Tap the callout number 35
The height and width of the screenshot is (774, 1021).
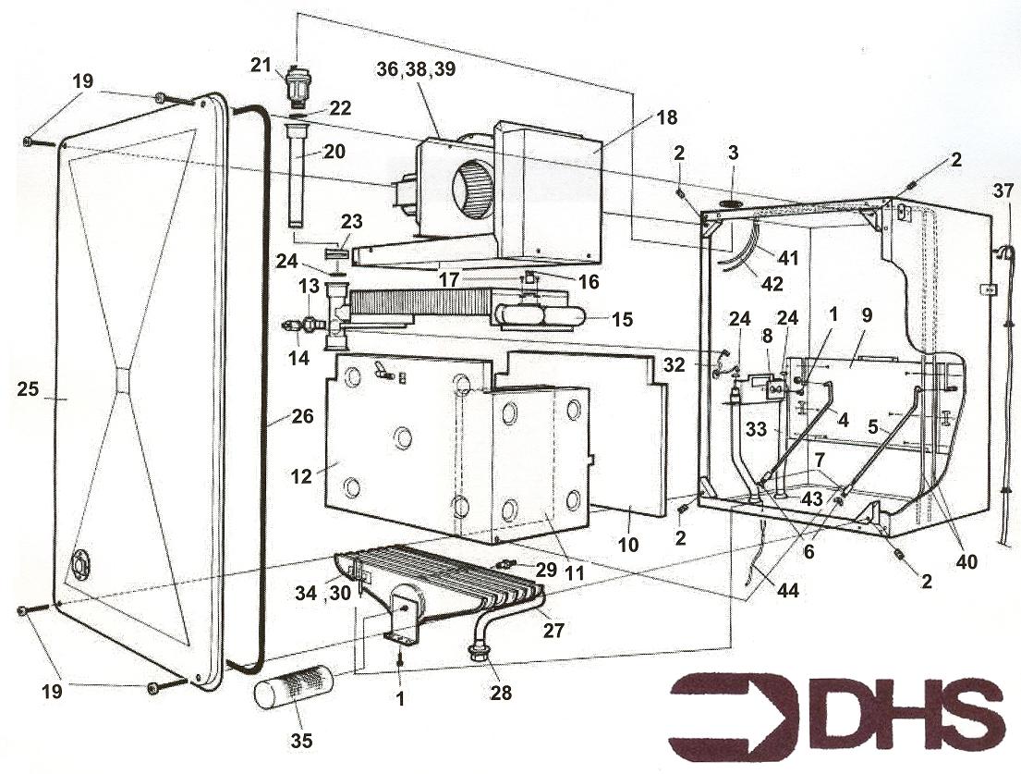point(301,740)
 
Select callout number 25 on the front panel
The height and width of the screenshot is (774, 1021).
point(29,389)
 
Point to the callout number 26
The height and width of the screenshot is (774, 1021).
point(303,416)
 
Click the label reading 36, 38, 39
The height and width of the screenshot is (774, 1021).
point(416,69)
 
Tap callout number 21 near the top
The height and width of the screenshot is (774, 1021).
point(261,65)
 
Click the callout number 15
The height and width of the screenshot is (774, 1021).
point(622,320)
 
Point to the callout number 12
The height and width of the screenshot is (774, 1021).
point(301,476)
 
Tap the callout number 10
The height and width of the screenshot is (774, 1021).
point(628,544)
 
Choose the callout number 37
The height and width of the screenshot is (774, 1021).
point(1003,190)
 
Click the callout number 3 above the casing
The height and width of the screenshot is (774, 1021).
point(734,154)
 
